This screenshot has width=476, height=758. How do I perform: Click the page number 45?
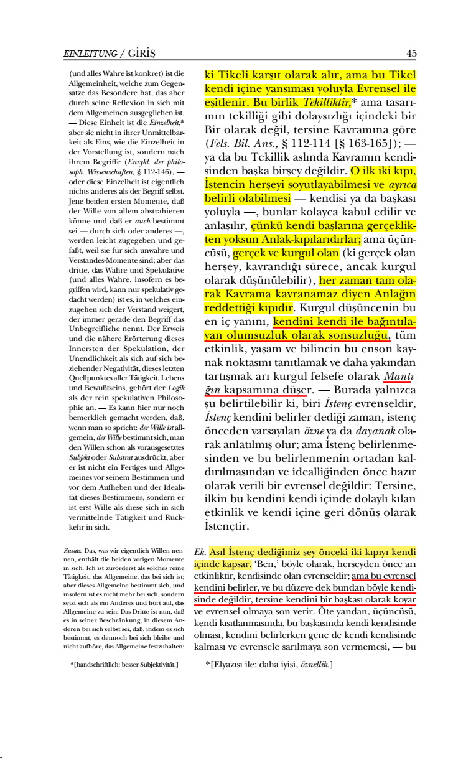[x=411, y=54]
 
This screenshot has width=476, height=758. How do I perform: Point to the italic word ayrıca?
[x=402, y=185]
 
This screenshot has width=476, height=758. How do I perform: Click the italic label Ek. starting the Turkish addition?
[x=199, y=552]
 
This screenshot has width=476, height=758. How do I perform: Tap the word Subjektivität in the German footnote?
[x=156, y=665]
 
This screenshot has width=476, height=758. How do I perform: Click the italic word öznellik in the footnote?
[x=314, y=665]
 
